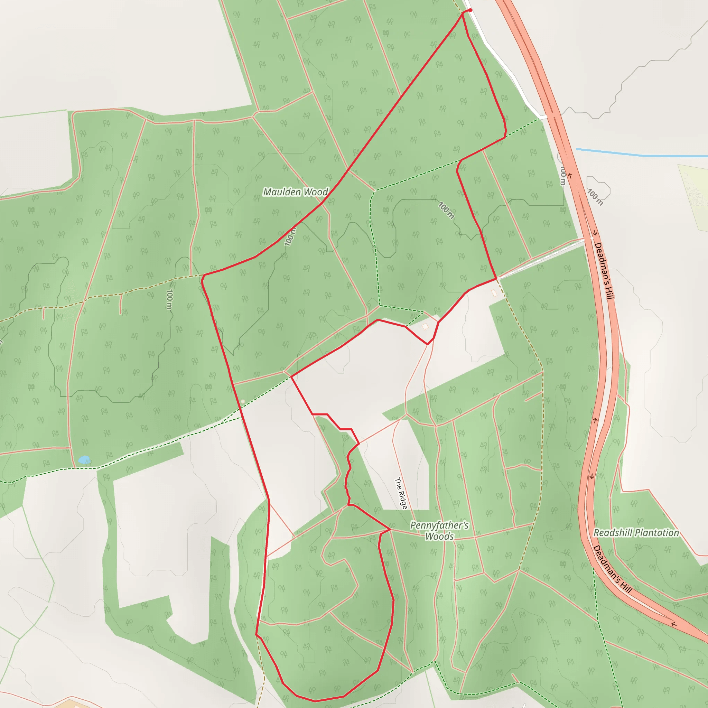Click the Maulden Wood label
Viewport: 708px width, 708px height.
(295, 192)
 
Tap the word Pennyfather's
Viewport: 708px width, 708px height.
(439, 525)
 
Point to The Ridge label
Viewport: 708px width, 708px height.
(401, 493)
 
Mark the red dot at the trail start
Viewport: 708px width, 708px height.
(470, 10)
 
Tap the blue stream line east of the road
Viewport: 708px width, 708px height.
(641, 155)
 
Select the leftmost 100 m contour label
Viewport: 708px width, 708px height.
(169, 299)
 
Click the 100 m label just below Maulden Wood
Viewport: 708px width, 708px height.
(289, 237)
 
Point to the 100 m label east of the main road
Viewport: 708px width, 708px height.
(595, 197)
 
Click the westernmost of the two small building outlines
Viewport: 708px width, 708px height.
(425, 326)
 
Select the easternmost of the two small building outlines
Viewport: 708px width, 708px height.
(494, 293)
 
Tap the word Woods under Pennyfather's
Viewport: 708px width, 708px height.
(439, 537)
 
